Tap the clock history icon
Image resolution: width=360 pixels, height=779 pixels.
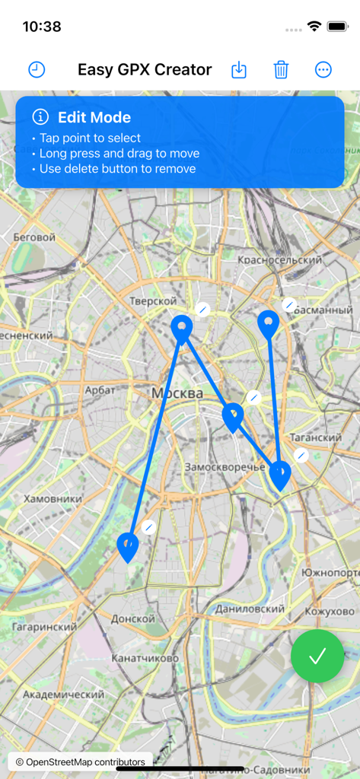click(x=37, y=70)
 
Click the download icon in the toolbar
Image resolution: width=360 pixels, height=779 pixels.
click(x=239, y=70)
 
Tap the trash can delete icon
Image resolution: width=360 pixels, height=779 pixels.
click(x=281, y=70)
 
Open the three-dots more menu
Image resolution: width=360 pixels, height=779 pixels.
click(x=323, y=70)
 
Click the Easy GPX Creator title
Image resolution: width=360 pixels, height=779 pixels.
click(x=145, y=70)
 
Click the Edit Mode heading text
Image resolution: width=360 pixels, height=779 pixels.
click(x=94, y=117)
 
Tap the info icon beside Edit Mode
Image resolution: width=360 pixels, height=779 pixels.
click(x=40, y=117)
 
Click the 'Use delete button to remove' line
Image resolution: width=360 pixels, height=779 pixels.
click(x=117, y=169)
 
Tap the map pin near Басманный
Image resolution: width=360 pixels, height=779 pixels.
click(x=268, y=323)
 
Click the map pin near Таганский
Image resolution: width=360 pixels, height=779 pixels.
click(x=280, y=474)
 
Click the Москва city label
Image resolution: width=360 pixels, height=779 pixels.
click(x=177, y=393)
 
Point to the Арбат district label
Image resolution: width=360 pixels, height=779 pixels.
click(x=100, y=389)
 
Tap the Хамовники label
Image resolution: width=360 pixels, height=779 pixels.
click(x=53, y=498)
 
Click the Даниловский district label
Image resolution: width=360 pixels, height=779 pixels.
click(x=250, y=609)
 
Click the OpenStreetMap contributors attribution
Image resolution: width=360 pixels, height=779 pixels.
click(x=80, y=762)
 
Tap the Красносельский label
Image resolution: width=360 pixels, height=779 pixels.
click(x=280, y=260)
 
